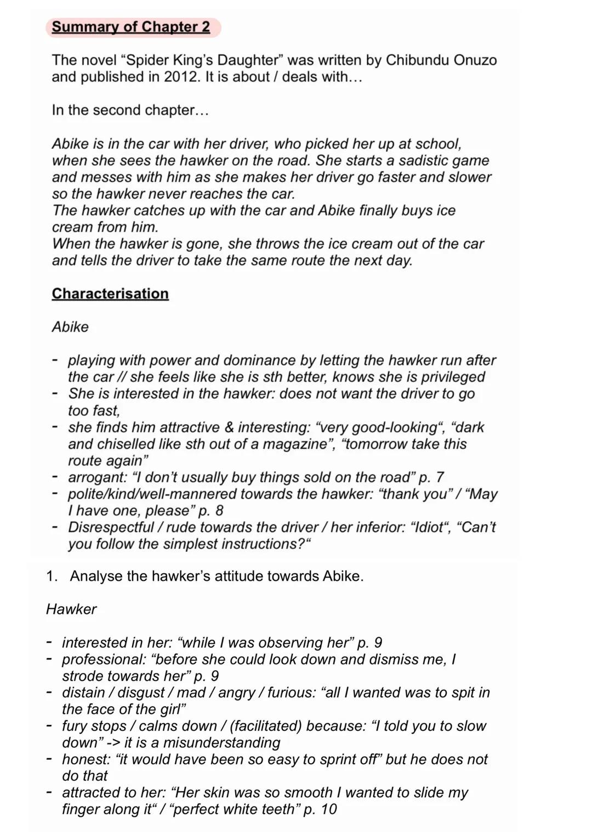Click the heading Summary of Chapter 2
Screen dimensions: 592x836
tap(130, 27)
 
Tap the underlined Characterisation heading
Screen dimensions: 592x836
tap(110, 293)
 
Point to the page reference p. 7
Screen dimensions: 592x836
tap(431, 477)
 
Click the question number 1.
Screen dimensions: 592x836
tap(52, 576)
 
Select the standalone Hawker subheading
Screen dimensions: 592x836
tap(71, 609)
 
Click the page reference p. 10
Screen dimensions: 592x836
tap(320, 809)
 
